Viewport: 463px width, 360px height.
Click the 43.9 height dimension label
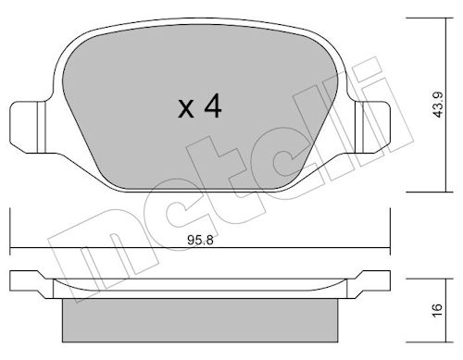click(x=438, y=105)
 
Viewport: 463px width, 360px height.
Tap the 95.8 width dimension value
click(x=200, y=241)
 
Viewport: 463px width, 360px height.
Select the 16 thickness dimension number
click(x=438, y=310)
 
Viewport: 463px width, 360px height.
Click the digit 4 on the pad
click(x=213, y=106)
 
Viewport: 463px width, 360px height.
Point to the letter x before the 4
click(x=186, y=109)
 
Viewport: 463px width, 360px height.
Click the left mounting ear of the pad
click(x=28, y=127)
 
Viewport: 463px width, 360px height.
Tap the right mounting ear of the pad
click(x=372, y=127)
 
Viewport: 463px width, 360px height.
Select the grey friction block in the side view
click(x=200, y=320)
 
